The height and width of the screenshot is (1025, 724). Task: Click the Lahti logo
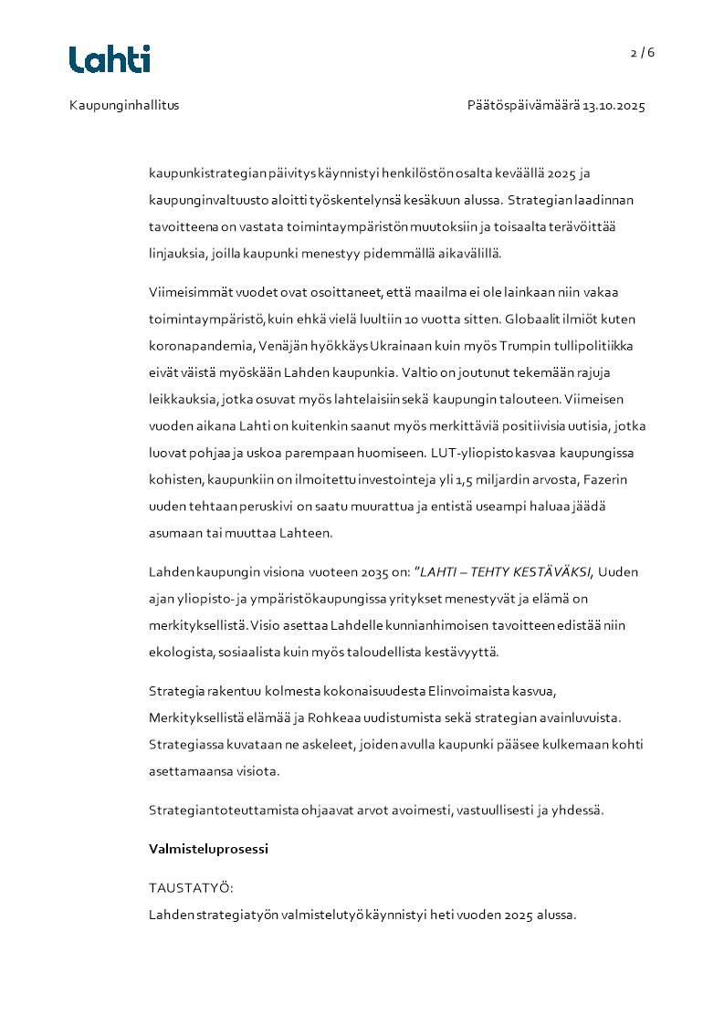pyautogui.click(x=110, y=59)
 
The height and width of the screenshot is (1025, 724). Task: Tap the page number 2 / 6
pyautogui.click(x=643, y=53)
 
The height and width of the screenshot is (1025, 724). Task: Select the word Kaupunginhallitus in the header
pyautogui.click(x=124, y=106)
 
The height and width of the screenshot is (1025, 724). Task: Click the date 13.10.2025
pyautogui.click(x=614, y=106)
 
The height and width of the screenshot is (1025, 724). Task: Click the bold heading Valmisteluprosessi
pyautogui.click(x=208, y=849)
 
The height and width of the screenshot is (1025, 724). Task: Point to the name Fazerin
pyautogui.click(x=604, y=479)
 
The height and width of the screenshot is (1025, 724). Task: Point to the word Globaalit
pyautogui.click(x=542, y=320)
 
